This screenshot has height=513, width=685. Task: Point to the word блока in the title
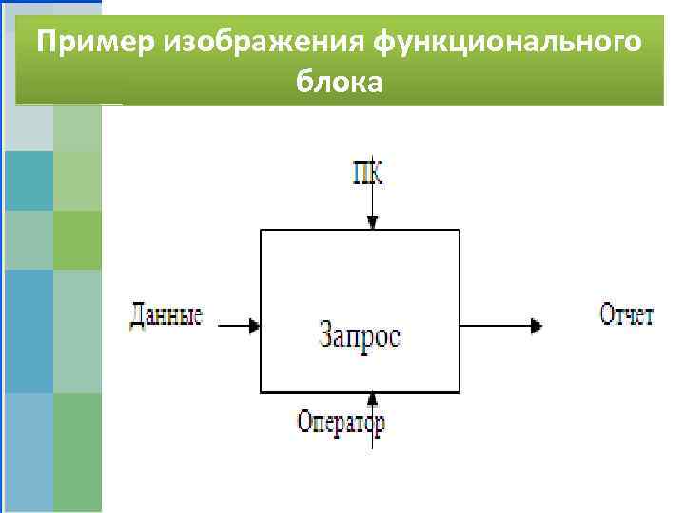click(340, 83)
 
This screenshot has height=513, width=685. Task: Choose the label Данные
click(166, 315)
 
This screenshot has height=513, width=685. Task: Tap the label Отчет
click(627, 314)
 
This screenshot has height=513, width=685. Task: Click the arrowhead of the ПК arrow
click(372, 222)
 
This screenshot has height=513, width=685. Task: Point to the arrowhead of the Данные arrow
click(254, 325)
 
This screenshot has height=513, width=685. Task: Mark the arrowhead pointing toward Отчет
click(538, 325)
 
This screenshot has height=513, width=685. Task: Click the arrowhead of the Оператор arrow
click(372, 399)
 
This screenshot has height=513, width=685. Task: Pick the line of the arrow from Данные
click(233, 325)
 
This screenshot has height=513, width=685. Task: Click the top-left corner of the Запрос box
click(262, 230)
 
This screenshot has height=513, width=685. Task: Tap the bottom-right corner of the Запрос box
click(460, 391)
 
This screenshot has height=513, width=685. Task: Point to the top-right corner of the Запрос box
click(460, 230)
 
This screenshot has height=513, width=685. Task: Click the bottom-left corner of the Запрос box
click(262, 391)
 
